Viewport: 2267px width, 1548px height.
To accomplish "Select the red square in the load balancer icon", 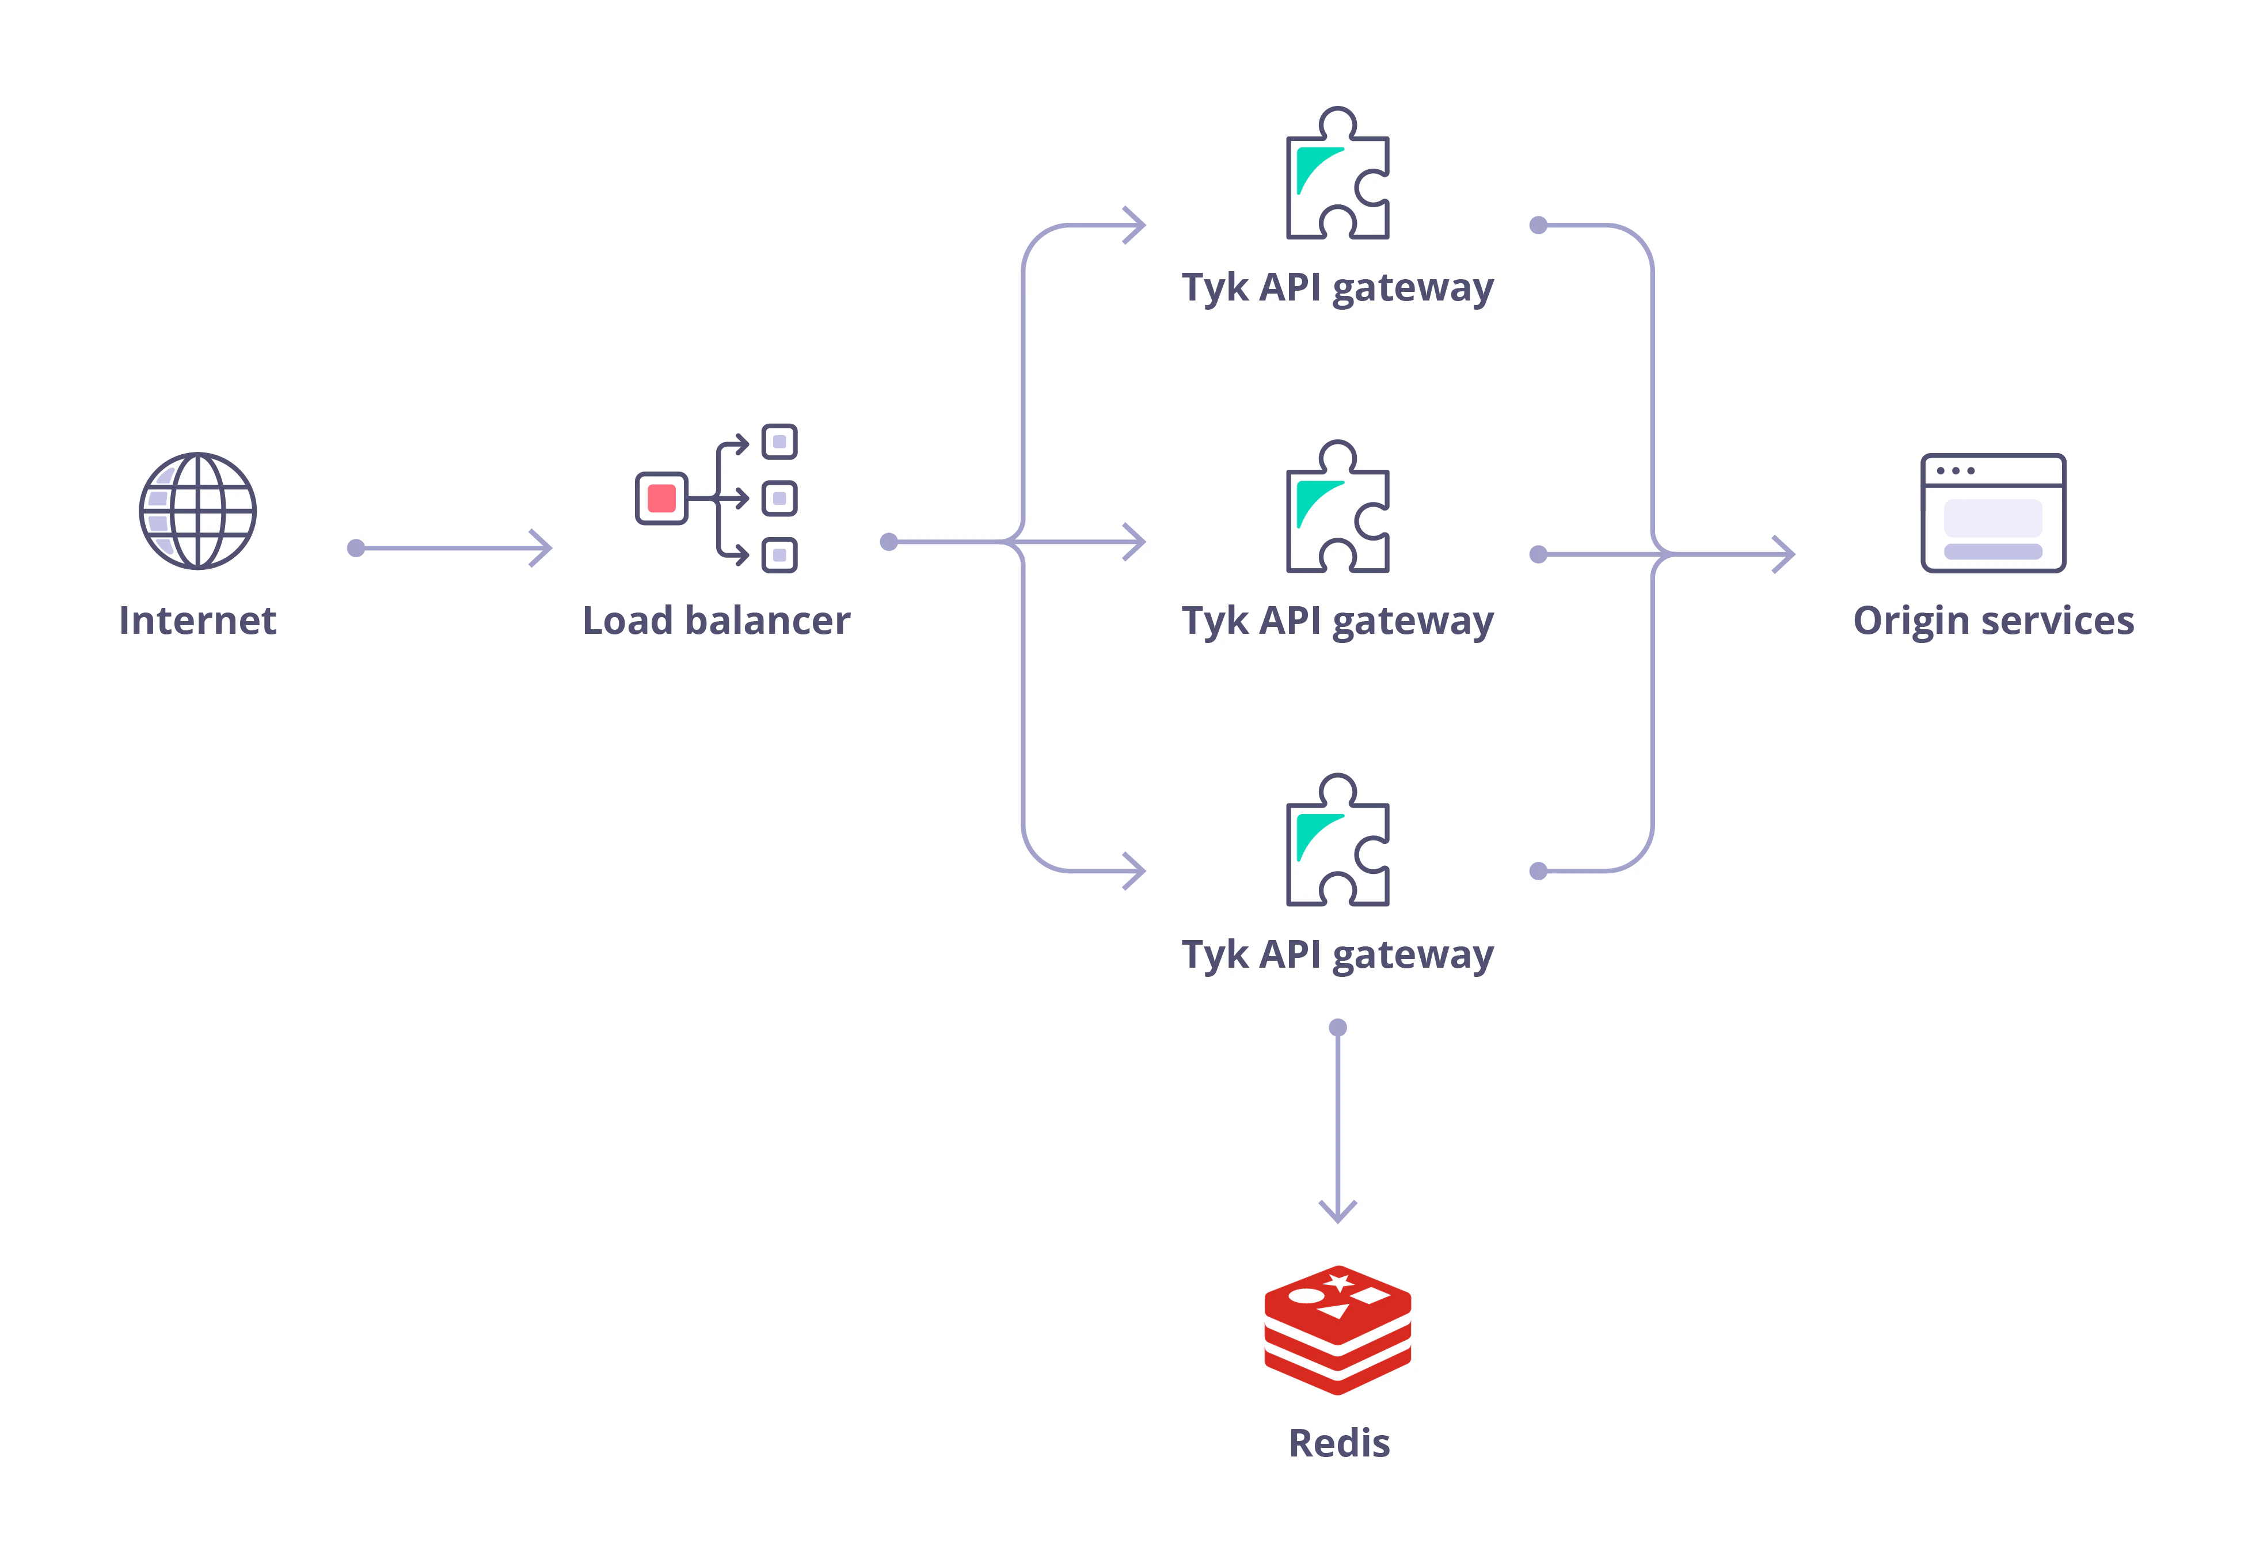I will point(661,499).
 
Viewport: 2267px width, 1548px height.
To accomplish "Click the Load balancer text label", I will point(716,621).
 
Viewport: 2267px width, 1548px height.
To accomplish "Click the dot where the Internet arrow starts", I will point(356,548).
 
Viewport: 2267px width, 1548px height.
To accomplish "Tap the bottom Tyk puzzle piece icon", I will point(1337,842).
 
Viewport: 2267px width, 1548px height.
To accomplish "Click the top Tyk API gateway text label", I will point(1337,288).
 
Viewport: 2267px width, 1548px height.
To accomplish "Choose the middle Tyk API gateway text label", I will point(1337,621).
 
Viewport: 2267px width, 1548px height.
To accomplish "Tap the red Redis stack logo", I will point(1337,1329).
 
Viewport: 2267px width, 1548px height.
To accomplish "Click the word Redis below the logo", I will point(1338,1443).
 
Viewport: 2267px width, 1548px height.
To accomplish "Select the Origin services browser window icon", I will point(1993,512).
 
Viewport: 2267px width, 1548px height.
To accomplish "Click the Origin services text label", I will point(1993,621).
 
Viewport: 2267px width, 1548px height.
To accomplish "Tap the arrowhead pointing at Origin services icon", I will point(1784,554).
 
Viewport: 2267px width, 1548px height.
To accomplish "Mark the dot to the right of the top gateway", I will point(1538,225).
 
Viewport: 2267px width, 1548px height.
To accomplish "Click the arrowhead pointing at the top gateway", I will point(1135,225).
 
